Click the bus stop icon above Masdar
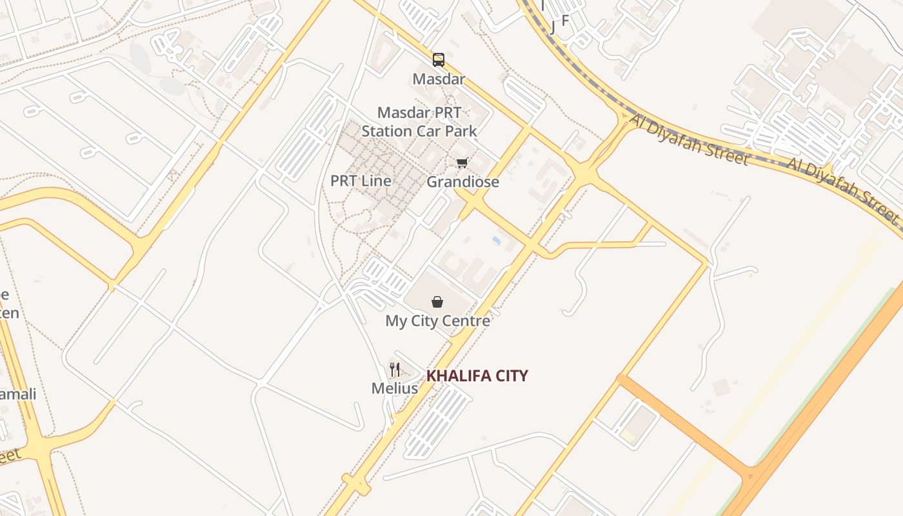click(439, 60)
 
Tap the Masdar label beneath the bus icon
click(439, 79)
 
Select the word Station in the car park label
click(386, 131)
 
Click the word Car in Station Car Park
click(430, 131)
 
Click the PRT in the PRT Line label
click(344, 181)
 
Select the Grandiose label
click(462, 182)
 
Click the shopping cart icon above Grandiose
click(462, 163)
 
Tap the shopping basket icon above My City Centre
click(437, 301)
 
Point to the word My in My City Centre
click(395, 321)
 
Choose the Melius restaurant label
click(394, 388)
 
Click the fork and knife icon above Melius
click(394, 370)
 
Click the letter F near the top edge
click(565, 21)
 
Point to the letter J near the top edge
click(553, 27)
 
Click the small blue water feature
click(496, 241)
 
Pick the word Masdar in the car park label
click(401, 113)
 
